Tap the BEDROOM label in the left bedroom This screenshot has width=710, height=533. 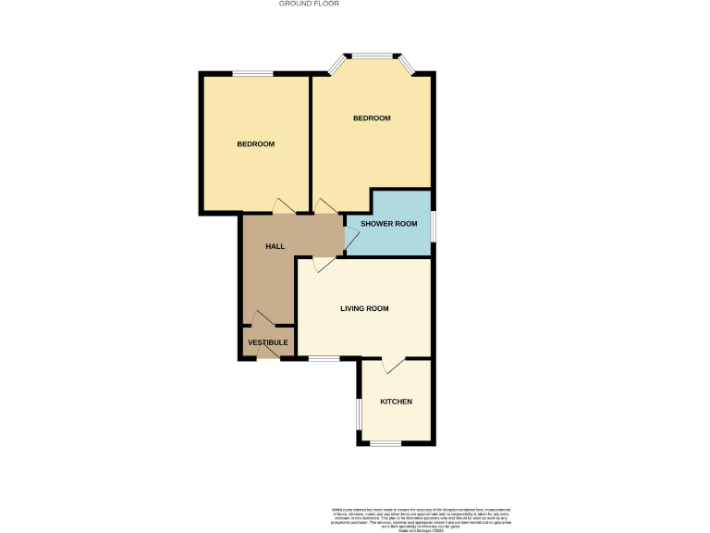click(x=256, y=144)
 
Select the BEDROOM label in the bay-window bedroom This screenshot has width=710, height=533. click(x=372, y=118)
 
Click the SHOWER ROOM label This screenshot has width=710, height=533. click(x=388, y=224)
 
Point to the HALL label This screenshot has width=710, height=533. click(x=275, y=246)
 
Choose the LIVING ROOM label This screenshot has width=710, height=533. click(x=364, y=309)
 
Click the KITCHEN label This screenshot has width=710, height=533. click(x=396, y=402)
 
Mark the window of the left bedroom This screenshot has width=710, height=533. click(x=251, y=74)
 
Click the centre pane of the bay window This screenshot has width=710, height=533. click(x=372, y=56)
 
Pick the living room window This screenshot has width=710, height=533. click(x=323, y=358)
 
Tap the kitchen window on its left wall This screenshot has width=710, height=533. click(x=360, y=415)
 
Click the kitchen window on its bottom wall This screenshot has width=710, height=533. click(x=386, y=444)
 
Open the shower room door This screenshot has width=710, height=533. click(x=351, y=236)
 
